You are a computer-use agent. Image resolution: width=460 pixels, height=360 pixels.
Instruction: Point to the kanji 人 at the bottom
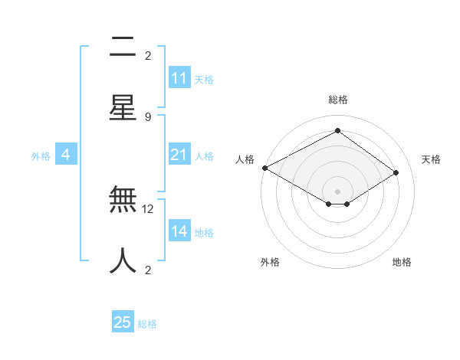pyautogui.click(x=123, y=260)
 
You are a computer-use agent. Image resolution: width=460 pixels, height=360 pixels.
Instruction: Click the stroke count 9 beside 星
pyautogui.click(x=148, y=116)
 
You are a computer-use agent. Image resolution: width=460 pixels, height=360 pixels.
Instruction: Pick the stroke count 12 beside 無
pyautogui.click(x=148, y=208)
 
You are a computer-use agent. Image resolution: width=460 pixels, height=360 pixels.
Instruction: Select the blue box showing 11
pyautogui.click(x=179, y=78)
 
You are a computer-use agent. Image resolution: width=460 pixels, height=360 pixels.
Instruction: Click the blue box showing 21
pyautogui.click(x=179, y=155)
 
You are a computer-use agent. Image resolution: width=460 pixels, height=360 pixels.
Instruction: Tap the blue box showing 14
pyautogui.click(x=179, y=231)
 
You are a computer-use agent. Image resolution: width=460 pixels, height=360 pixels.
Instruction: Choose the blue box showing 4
pyautogui.click(x=66, y=155)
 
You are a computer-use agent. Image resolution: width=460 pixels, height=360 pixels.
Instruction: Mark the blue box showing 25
pyautogui.click(x=123, y=322)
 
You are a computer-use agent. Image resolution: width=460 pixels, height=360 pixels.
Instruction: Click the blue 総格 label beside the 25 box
pyautogui.click(x=148, y=324)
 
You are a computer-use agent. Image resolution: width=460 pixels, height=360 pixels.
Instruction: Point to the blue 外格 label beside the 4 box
pyautogui.click(x=41, y=156)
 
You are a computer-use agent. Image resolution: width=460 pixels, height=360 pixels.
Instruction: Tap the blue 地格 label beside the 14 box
pyautogui.click(x=205, y=233)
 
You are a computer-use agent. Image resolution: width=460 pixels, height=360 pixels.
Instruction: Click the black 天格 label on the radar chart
pyautogui.click(x=432, y=159)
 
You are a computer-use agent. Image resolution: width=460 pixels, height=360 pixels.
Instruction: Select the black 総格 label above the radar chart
pyautogui.click(x=338, y=100)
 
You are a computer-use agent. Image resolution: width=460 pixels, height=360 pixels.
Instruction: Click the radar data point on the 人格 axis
pyautogui.click(x=264, y=168)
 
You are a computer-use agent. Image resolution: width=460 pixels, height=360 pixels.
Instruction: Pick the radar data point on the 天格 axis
pyautogui.click(x=396, y=173)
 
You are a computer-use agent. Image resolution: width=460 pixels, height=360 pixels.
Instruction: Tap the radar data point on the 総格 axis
pyautogui.click(x=338, y=131)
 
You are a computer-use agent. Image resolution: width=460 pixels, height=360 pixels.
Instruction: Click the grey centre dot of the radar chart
pyautogui.click(x=338, y=191)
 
